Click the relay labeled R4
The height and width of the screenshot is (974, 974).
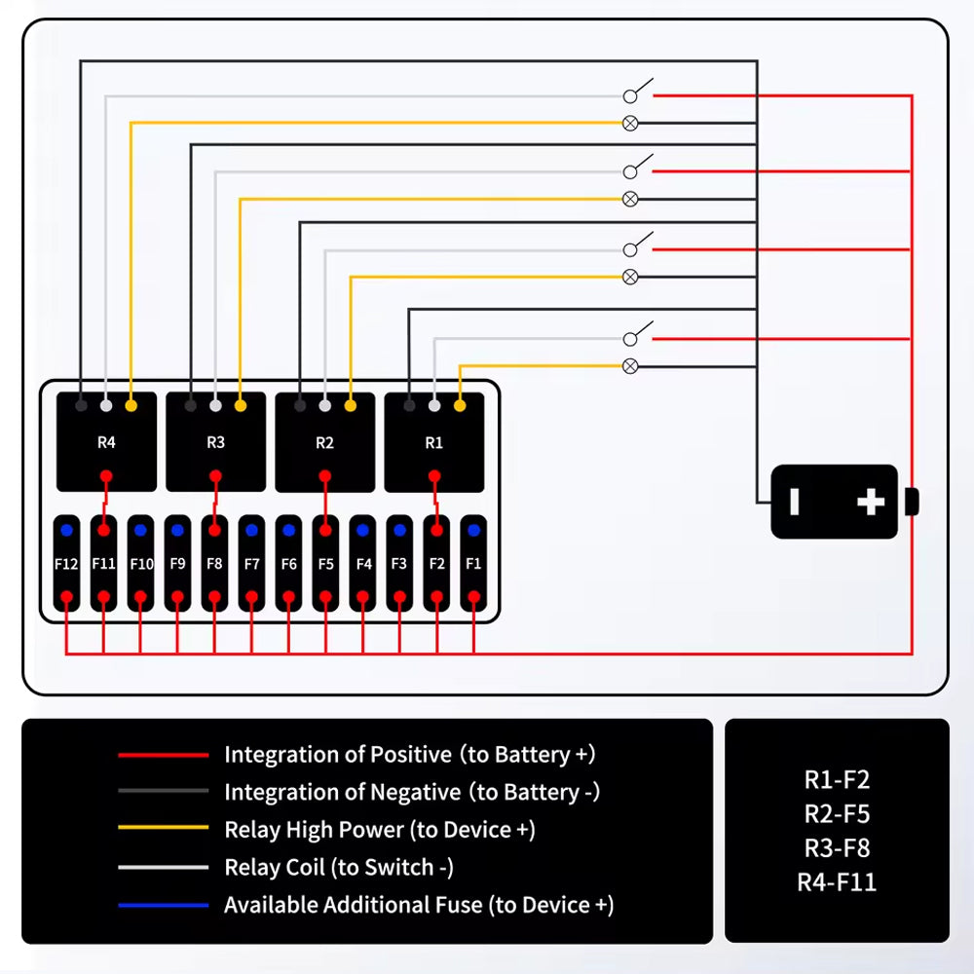point(106,442)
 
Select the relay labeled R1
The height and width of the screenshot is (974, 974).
point(434,442)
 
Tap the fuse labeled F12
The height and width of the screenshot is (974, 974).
point(66,563)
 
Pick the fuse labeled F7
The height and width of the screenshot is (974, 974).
point(251,563)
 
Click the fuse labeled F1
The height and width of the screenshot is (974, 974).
point(473,563)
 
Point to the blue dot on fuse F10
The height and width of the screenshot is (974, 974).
point(140,531)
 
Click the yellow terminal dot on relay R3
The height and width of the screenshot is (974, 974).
point(241,405)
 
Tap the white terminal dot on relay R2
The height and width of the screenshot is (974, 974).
point(324,405)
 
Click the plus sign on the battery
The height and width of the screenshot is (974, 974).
point(871,502)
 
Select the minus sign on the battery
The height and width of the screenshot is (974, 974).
point(794,502)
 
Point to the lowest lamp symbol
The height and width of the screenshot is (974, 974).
point(630,366)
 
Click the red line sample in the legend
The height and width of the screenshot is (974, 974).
point(163,755)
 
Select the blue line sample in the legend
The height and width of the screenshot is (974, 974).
point(163,906)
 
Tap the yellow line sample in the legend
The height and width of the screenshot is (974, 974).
point(163,829)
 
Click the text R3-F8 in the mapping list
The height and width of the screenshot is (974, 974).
point(837,847)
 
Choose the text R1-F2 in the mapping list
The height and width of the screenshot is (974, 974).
point(837,779)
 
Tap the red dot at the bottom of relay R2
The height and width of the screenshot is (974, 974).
point(325,476)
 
